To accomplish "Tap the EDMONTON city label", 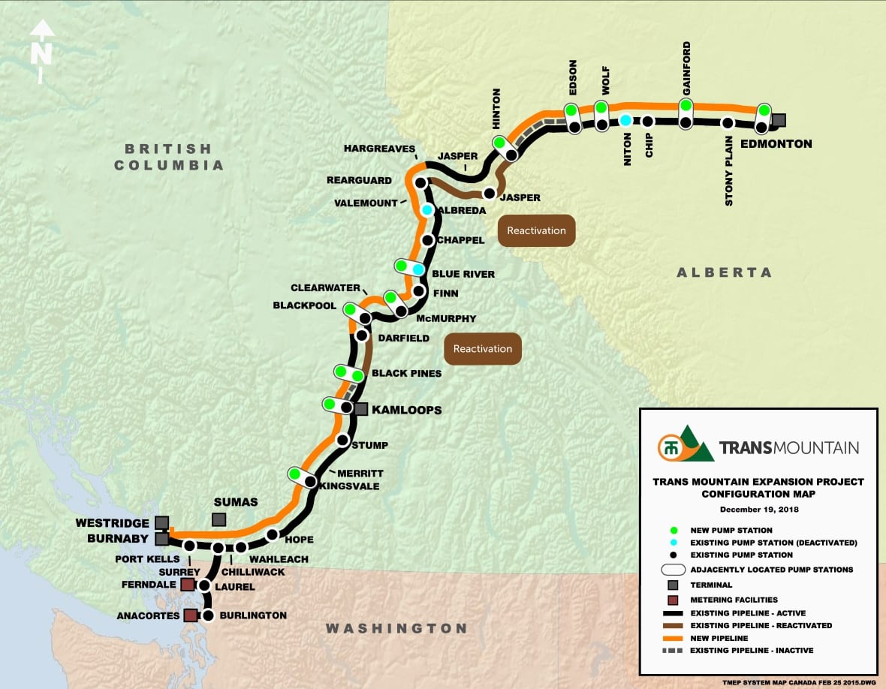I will click(x=776, y=143).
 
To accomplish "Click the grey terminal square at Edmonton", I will click(x=779, y=120).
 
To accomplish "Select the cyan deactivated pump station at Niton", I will click(x=625, y=120).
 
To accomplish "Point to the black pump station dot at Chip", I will click(x=647, y=121).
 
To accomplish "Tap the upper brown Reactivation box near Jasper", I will click(x=536, y=230).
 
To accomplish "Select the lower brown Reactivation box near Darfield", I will click(x=482, y=349).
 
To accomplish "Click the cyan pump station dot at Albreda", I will click(x=426, y=210).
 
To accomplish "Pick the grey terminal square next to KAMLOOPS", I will click(x=360, y=409).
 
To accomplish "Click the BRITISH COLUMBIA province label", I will click(x=169, y=157).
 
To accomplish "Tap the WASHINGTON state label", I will click(x=396, y=628).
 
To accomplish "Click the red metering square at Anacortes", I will click(x=191, y=615).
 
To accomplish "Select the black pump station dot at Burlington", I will click(x=209, y=615).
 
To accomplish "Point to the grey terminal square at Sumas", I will click(x=218, y=519).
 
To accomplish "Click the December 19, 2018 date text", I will click(x=758, y=509).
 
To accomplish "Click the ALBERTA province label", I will click(x=724, y=272).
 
